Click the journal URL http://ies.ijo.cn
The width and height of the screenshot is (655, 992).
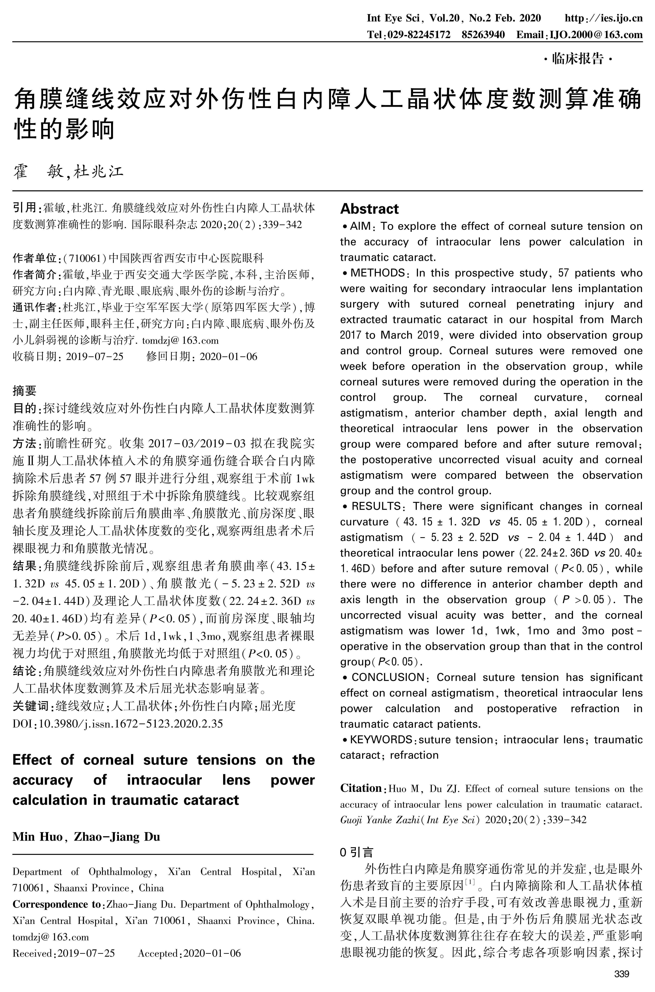pyautogui.click(x=603, y=18)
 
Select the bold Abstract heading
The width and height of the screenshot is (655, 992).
pyautogui.click(x=369, y=209)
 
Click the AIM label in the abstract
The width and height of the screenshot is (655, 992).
pyautogui.click(x=360, y=226)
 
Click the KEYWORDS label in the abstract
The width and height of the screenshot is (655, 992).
pyautogui.click(x=381, y=740)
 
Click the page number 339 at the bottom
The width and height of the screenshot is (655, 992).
pyautogui.click(x=622, y=974)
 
